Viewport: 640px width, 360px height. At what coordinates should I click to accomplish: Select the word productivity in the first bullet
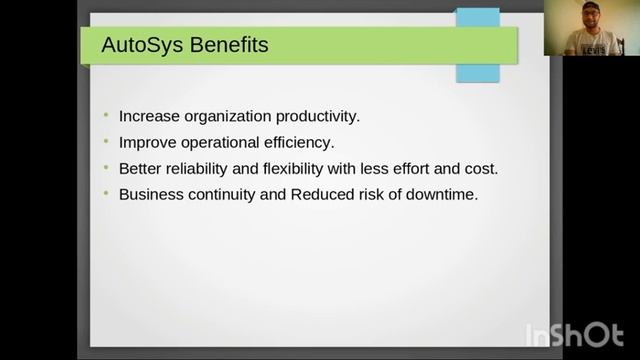(314, 117)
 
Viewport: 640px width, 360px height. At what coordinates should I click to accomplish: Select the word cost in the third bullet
(479, 169)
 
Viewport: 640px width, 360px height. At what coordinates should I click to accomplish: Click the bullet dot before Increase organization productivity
(106, 117)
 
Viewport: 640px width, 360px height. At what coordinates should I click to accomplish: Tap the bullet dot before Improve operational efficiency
(106, 143)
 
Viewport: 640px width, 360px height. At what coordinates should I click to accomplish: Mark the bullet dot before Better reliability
(106, 169)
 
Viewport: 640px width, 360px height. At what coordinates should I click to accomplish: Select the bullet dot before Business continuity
(106, 195)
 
